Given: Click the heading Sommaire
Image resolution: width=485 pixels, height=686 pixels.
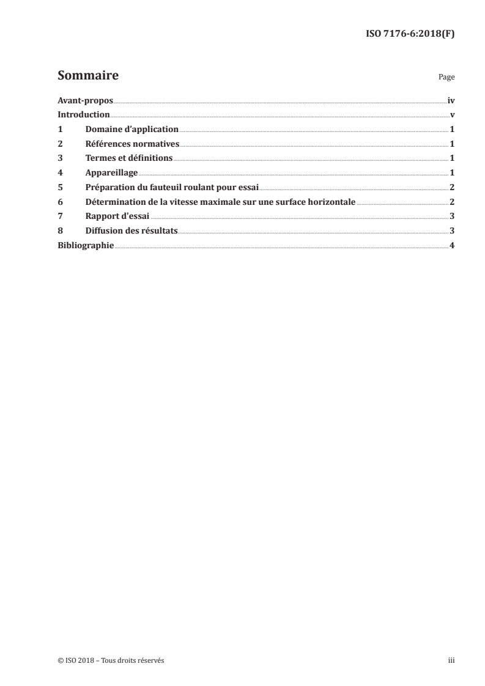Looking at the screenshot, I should (87, 76).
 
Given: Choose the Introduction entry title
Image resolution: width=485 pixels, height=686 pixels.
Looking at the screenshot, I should (83, 115).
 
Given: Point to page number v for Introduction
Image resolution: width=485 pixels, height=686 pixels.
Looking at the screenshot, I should (452, 115).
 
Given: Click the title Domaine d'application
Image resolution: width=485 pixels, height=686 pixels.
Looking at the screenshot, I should (131, 130).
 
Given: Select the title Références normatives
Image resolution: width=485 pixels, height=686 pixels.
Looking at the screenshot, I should (132, 144).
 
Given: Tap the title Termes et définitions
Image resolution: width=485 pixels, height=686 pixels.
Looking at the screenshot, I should (129, 158).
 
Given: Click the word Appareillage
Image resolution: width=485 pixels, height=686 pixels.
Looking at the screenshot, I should (111, 173).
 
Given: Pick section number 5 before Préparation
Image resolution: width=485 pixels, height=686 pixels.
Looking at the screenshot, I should (60, 187).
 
